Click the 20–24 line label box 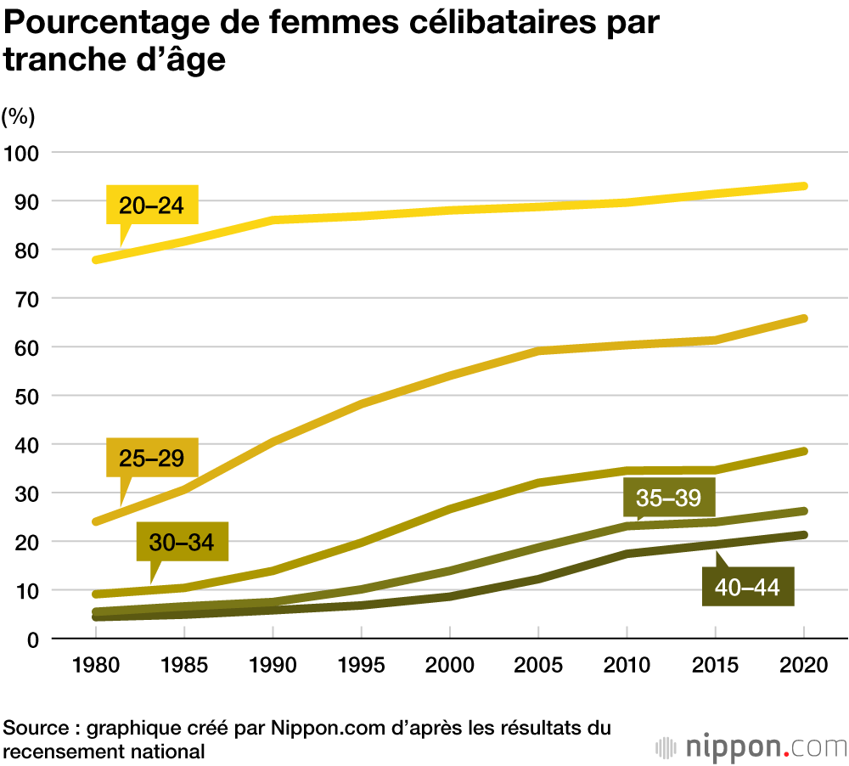[x=152, y=205]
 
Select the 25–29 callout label [x=152, y=459]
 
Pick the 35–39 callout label [x=668, y=498]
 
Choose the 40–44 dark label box [x=748, y=587]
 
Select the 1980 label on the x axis [x=96, y=665]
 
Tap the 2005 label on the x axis [x=538, y=665]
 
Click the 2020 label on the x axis [x=803, y=665]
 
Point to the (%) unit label [x=18, y=115]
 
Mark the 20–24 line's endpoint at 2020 [x=803, y=186]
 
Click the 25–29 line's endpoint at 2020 [x=803, y=318]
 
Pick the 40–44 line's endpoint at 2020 [x=803, y=535]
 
